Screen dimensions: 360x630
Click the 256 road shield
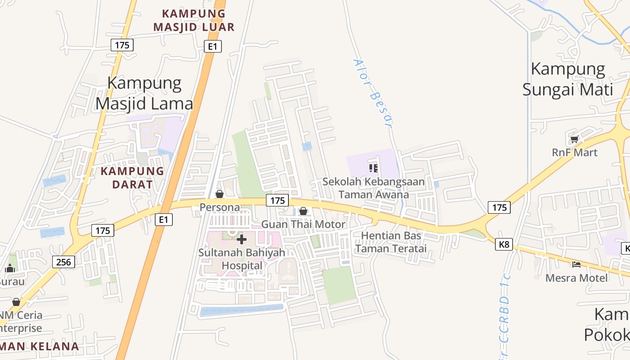click(63, 261)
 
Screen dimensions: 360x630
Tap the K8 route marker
click(504, 244)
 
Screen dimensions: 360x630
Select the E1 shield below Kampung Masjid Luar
click(212, 46)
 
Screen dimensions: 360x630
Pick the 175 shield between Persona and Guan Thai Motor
click(277, 201)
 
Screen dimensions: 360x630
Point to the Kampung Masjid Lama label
click(144, 93)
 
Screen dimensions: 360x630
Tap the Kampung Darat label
click(132, 177)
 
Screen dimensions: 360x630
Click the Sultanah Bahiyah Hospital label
click(242, 259)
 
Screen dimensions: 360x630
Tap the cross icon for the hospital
click(242, 239)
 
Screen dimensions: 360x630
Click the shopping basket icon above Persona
click(220, 194)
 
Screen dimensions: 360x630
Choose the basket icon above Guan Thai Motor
click(303, 211)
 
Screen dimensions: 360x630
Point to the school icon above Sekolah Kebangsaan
click(373, 168)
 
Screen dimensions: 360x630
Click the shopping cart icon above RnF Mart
click(574, 139)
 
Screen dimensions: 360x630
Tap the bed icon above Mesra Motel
click(576, 265)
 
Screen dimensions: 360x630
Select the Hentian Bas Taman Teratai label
click(391, 242)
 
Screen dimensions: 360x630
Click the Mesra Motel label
click(576, 278)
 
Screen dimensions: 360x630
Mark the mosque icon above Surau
click(10, 269)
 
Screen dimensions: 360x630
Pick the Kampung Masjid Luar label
click(193, 20)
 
